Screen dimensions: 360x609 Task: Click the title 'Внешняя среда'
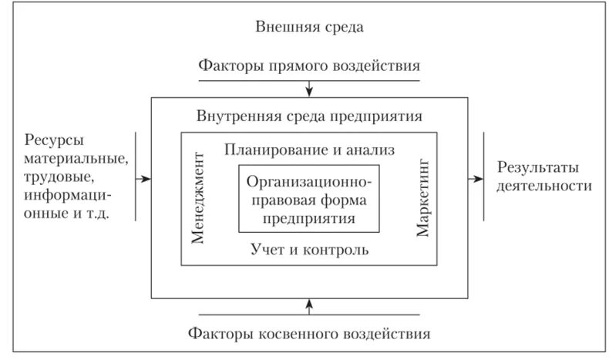pos(308,26)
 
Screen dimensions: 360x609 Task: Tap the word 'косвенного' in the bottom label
pos(297,335)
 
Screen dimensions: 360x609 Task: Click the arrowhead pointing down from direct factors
pos(309,94)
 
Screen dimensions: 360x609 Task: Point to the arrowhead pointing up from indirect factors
pos(309,303)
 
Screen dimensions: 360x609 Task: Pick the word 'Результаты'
pos(538,167)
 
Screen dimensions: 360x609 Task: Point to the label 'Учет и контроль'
pos(309,250)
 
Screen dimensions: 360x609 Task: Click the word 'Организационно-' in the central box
pos(309,182)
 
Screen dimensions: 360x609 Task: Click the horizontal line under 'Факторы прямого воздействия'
pos(309,79)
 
